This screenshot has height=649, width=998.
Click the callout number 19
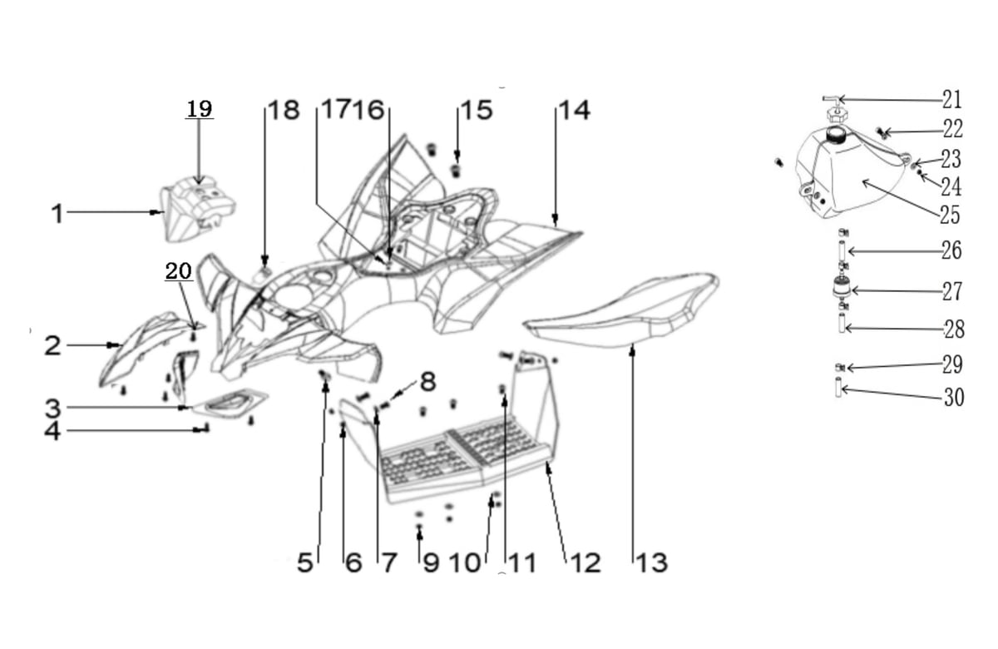[x=199, y=109]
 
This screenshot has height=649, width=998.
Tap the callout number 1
[x=57, y=214]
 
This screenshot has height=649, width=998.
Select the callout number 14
[x=575, y=110]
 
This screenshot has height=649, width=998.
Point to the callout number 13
[x=651, y=562]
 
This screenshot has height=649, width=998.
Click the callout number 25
[x=950, y=216]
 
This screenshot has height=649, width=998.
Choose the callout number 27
[x=952, y=291]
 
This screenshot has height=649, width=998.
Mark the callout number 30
[x=954, y=397]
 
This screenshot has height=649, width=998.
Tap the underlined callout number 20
[x=179, y=271]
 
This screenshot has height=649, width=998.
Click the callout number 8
[x=427, y=382]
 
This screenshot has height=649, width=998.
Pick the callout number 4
[x=52, y=431]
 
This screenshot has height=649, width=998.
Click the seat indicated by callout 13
[x=621, y=310]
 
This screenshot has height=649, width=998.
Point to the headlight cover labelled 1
[x=198, y=209]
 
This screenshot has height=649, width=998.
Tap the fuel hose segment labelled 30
[x=838, y=388]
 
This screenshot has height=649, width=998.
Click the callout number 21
[x=952, y=99]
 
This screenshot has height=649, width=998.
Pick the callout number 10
[x=465, y=562]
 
